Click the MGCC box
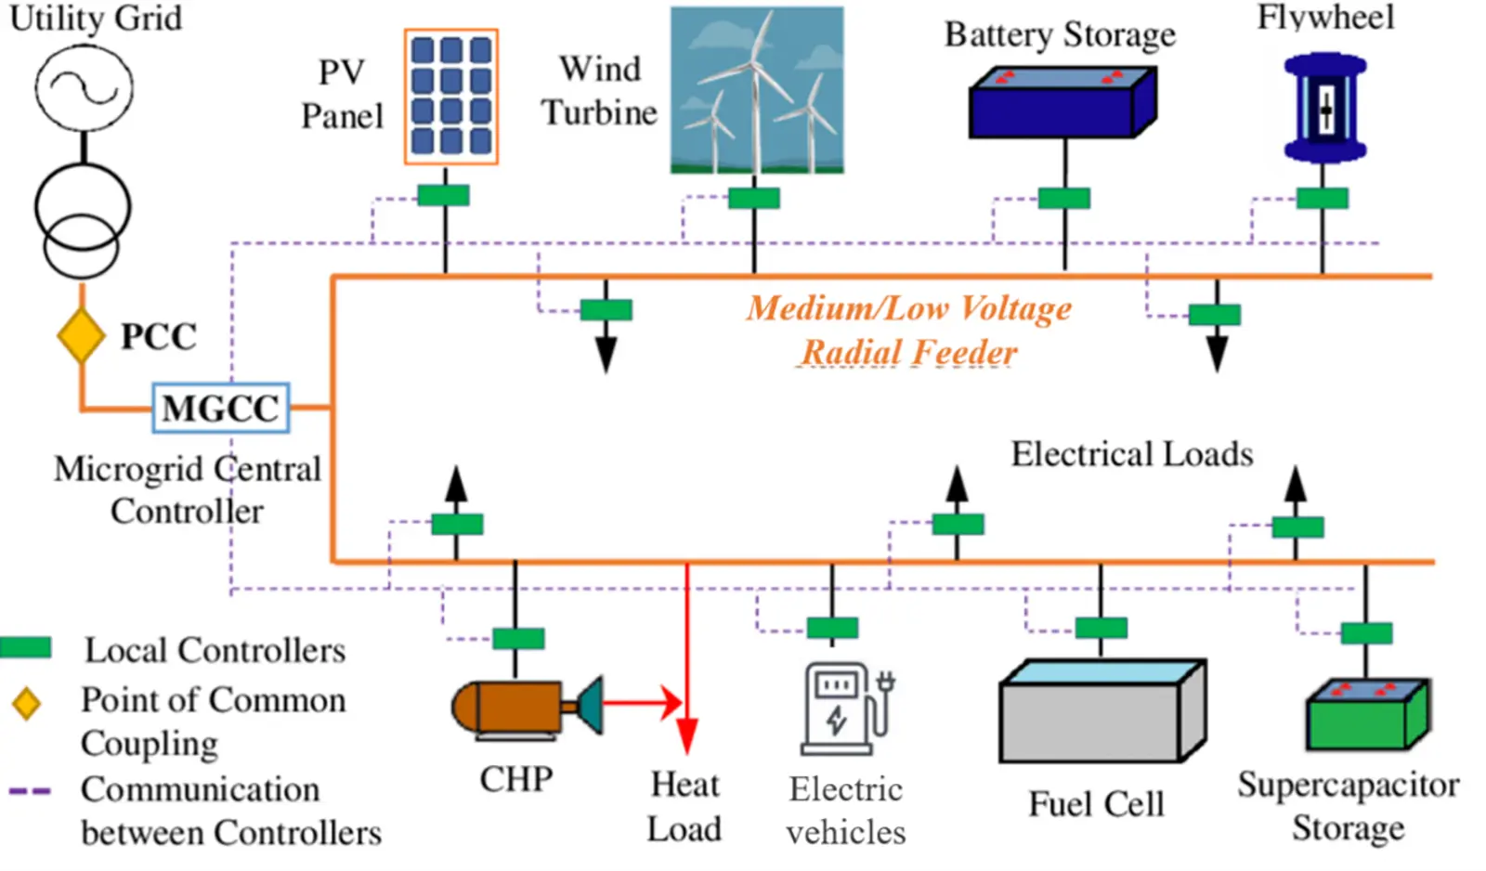(221, 408)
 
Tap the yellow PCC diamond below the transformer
(81, 335)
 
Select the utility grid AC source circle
(84, 88)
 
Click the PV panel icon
(451, 97)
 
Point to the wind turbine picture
(757, 90)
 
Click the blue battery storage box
(1062, 104)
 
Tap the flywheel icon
(1324, 108)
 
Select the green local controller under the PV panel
(444, 196)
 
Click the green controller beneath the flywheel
(1322, 198)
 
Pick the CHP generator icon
(525, 708)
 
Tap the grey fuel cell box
(1101, 712)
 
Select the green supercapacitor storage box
(1367, 716)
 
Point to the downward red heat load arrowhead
(686, 735)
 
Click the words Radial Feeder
(908, 353)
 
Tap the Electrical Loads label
(1131, 454)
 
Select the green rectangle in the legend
(26, 648)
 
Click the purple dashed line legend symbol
(30, 791)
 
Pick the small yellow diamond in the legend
(26, 703)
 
